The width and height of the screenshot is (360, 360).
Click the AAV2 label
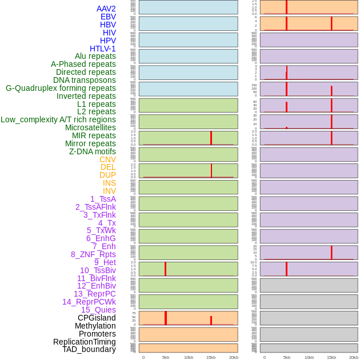[x=106, y=9]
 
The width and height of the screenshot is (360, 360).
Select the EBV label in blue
[x=108, y=17]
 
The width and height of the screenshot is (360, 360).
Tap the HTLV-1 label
[x=103, y=49]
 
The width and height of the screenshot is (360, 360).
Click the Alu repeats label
[x=95, y=56]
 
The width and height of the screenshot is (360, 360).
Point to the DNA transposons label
[x=85, y=80]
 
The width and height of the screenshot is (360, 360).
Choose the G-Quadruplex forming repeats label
[x=61, y=88]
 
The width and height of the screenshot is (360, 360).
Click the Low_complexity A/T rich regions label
[x=58, y=119]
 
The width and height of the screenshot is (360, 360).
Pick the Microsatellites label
[x=90, y=127]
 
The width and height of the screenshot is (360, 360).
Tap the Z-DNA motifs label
[x=93, y=151]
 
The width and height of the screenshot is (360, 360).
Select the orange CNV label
[x=107, y=159]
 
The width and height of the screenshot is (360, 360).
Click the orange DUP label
[x=107, y=175]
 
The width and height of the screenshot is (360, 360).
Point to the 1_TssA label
[x=103, y=199]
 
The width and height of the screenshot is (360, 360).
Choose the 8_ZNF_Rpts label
[x=93, y=254]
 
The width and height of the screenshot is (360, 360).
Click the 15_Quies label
[x=98, y=310]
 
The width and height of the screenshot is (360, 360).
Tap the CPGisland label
[x=97, y=318]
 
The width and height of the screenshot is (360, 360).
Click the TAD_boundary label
[x=89, y=349]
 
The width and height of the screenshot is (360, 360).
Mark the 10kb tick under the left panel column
[x=189, y=357]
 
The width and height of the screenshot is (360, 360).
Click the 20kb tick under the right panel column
[x=354, y=357]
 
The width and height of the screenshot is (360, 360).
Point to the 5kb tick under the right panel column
[x=287, y=357]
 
